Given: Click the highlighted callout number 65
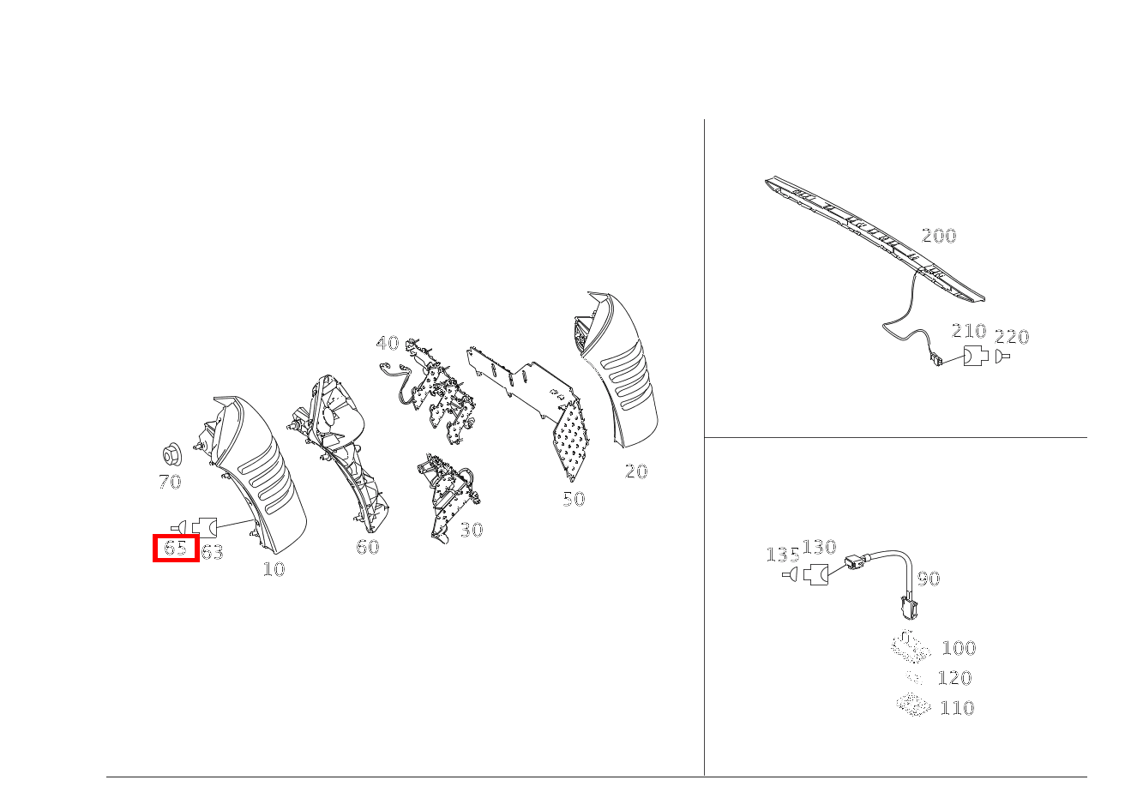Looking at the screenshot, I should [176, 548].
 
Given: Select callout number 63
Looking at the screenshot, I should [212, 553].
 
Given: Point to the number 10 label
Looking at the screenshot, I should [274, 569].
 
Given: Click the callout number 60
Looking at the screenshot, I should [367, 548].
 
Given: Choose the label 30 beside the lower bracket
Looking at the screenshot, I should [471, 531].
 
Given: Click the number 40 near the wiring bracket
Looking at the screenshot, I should [388, 344].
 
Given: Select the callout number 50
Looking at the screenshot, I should [574, 500].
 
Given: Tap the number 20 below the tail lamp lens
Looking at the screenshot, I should [635, 471].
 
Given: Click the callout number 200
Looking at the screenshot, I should [938, 236].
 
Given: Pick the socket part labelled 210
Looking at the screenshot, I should [975, 356].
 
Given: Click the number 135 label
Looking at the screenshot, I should [782, 555].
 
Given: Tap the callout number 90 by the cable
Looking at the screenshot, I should [928, 579].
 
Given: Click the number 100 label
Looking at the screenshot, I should [959, 648].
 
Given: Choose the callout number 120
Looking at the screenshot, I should [954, 678].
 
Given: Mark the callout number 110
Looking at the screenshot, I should [957, 708].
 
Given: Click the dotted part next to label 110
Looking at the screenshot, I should [913, 705].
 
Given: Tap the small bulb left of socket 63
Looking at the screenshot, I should [179, 526].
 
